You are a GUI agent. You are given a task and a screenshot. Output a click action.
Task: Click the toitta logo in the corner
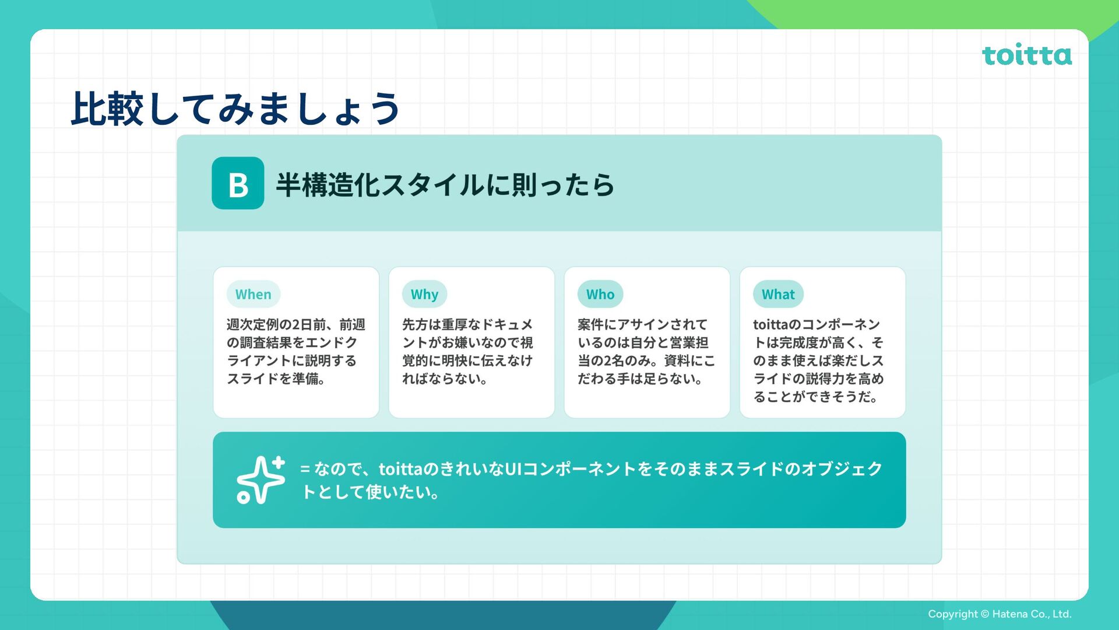pyautogui.click(x=1026, y=55)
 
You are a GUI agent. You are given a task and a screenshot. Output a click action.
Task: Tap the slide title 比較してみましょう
pyautogui.click(x=235, y=108)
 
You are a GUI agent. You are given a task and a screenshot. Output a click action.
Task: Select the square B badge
pyautogui.click(x=238, y=183)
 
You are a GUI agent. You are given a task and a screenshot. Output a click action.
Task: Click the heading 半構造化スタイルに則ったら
pyautogui.click(x=445, y=185)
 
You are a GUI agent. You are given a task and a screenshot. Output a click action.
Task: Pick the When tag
pyautogui.click(x=254, y=295)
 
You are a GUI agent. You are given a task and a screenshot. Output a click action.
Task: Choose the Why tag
pyautogui.click(x=424, y=295)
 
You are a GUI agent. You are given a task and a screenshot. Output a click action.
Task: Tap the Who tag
pyautogui.click(x=600, y=295)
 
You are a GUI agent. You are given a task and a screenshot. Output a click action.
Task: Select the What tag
pyautogui.click(x=778, y=295)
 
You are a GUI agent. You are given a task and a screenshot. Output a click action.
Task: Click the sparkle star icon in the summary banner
pyautogui.click(x=261, y=480)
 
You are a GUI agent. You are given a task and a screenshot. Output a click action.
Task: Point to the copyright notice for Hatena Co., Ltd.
pyautogui.click(x=1000, y=614)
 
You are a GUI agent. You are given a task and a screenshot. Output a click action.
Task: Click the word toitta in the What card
pyautogui.click(x=770, y=324)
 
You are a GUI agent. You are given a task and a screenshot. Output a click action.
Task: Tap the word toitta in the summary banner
pyautogui.click(x=400, y=469)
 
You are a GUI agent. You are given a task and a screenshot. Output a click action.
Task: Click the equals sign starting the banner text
pyautogui.click(x=305, y=469)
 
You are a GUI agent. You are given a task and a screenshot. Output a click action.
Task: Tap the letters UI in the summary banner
pyautogui.click(x=513, y=469)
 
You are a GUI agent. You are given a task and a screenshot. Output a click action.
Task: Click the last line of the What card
pyautogui.click(x=814, y=397)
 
